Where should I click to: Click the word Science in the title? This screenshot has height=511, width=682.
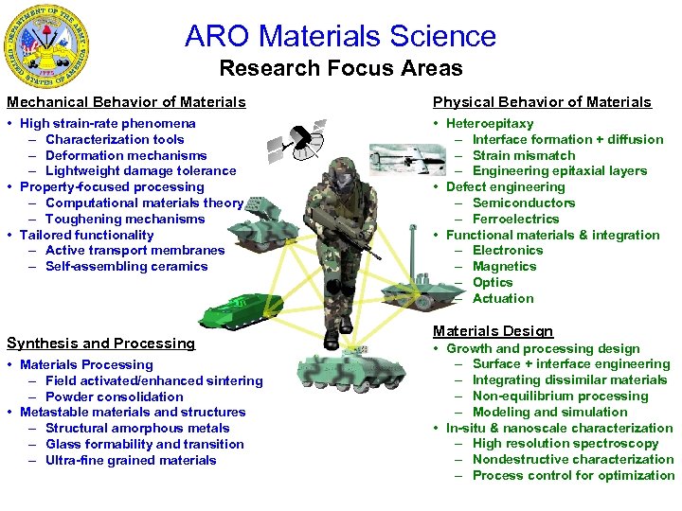[x=440, y=36]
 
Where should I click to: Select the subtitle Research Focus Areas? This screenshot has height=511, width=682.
[x=340, y=68]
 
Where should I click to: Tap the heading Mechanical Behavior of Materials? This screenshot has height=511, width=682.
[x=126, y=102]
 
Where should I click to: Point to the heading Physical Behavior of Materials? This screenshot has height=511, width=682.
[x=542, y=102]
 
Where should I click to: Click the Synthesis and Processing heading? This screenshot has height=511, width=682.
[x=100, y=344]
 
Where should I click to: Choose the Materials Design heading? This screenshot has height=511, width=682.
[x=493, y=331]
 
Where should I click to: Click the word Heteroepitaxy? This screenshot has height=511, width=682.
[x=489, y=123]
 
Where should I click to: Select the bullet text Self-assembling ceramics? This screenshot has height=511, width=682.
[x=126, y=266]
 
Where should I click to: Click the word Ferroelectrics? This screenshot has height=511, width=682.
[x=515, y=219]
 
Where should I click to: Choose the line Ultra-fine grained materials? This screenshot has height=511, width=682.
[x=131, y=460]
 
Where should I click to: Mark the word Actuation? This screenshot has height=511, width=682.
[x=503, y=298]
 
